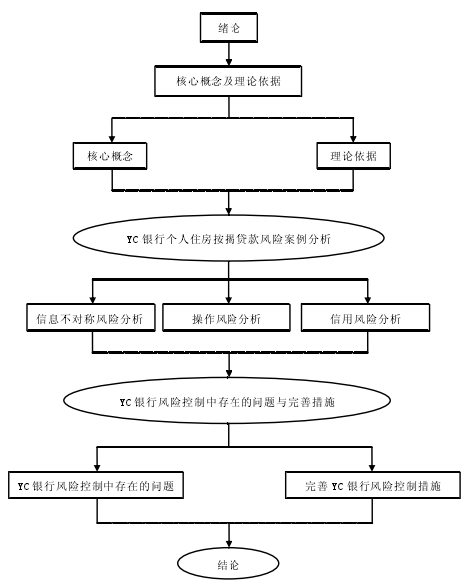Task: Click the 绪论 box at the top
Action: pos(229,27)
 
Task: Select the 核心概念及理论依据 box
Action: pos(229,81)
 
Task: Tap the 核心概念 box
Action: pos(110,156)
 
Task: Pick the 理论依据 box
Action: pos(353,156)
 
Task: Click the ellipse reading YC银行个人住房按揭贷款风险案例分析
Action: pos(229,238)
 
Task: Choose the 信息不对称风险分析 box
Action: pos(91,318)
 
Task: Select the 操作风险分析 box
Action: pos(227,318)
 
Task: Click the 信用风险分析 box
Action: pos(365,318)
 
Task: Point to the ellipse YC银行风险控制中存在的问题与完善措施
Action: pos(228,401)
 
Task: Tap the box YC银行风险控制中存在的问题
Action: pos(96,485)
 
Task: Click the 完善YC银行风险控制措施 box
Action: pos(373,485)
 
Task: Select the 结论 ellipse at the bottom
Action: pos(229,564)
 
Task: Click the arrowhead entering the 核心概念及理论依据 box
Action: pos(229,62)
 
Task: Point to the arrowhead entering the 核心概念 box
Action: pos(112,138)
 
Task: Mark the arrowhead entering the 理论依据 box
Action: pos(353,138)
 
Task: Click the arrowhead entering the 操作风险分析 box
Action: pos(229,299)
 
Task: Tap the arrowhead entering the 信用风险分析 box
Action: pos(368,299)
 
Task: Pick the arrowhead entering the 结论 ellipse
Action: pos(229,543)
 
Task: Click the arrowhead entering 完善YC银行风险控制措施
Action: pos(372,467)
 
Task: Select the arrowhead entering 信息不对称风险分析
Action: pos(93,299)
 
